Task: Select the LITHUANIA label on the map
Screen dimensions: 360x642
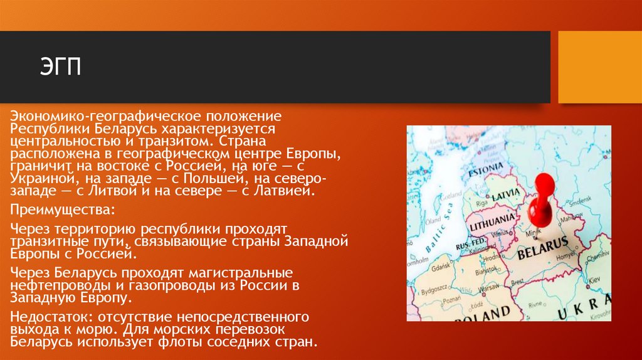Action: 492,221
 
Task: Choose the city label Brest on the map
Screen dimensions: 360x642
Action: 517,283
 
